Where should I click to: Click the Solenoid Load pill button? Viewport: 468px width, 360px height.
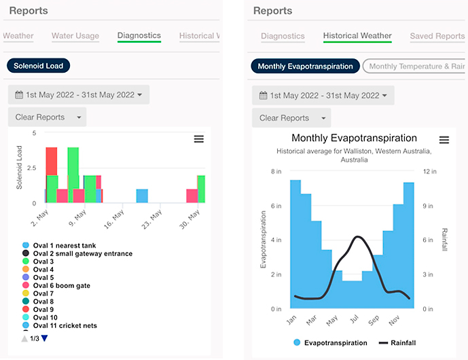[39, 66]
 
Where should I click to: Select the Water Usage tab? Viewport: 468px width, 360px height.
[75, 36]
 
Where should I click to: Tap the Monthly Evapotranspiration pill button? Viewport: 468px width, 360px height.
[305, 66]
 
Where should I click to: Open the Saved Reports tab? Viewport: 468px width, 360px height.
[437, 36]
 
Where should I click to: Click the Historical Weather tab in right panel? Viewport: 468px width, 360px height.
[357, 36]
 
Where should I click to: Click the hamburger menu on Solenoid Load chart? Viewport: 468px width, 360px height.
[199, 139]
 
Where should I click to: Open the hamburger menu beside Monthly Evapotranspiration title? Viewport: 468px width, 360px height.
[444, 140]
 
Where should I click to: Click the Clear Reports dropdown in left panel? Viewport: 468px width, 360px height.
[48, 117]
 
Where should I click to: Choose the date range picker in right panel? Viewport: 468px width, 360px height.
[323, 95]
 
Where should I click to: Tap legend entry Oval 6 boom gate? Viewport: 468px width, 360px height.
[61, 286]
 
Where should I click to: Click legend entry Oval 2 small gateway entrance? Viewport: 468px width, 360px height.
[82, 253]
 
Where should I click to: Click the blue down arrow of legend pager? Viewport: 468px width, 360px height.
[45, 338]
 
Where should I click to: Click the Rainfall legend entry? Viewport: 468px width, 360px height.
[397, 343]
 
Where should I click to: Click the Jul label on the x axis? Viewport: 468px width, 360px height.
[353, 319]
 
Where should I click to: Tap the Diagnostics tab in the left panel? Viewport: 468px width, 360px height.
[139, 36]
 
